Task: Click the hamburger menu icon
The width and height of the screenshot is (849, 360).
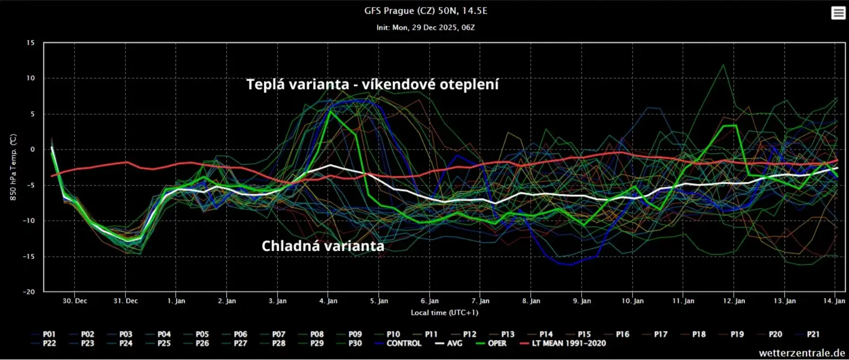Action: click(838, 13)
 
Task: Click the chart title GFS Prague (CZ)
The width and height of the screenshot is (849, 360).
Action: click(425, 10)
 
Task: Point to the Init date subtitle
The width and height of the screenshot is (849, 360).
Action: click(425, 27)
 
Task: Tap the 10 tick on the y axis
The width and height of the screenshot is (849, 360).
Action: click(30, 78)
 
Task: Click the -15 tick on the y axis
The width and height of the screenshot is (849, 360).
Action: click(29, 257)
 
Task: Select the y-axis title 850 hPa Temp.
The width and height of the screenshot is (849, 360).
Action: click(13, 167)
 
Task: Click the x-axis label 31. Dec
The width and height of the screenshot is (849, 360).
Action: click(125, 301)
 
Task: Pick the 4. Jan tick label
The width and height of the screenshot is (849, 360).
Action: click(328, 301)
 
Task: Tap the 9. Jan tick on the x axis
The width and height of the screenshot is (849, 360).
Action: click(582, 301)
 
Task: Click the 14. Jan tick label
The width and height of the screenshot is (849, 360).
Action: click(834, 301)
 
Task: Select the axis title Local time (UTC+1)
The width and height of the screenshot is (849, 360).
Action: click(444, 312)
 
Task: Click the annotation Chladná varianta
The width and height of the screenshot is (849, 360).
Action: click(323, 246)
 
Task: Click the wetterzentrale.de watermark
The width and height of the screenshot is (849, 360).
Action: click(801, 353)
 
